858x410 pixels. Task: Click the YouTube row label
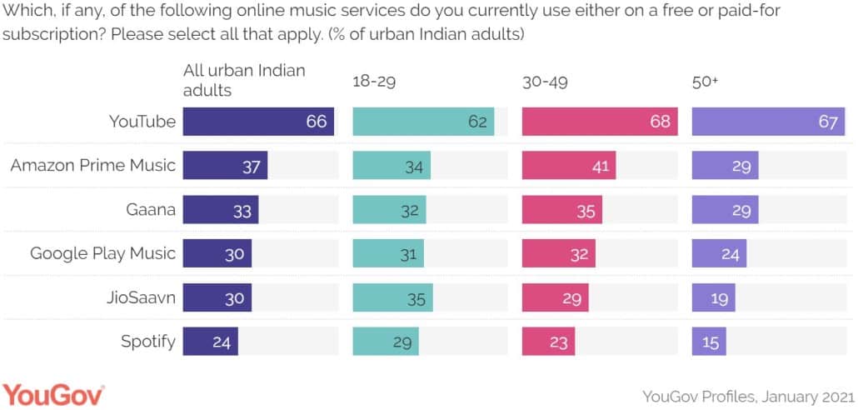point(142,122)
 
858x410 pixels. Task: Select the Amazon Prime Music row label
point(93,165)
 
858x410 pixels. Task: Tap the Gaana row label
point(149,210)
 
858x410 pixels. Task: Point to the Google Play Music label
point(103,253)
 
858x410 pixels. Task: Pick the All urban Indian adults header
point(244,80)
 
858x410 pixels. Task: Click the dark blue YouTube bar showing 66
point(258,122)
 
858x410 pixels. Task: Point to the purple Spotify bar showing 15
point(709,341)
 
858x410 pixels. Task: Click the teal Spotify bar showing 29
point(386,341)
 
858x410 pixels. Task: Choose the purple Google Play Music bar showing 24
point(719,253)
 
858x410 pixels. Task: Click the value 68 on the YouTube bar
point(660,122)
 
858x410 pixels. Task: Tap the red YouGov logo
point(53,393)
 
